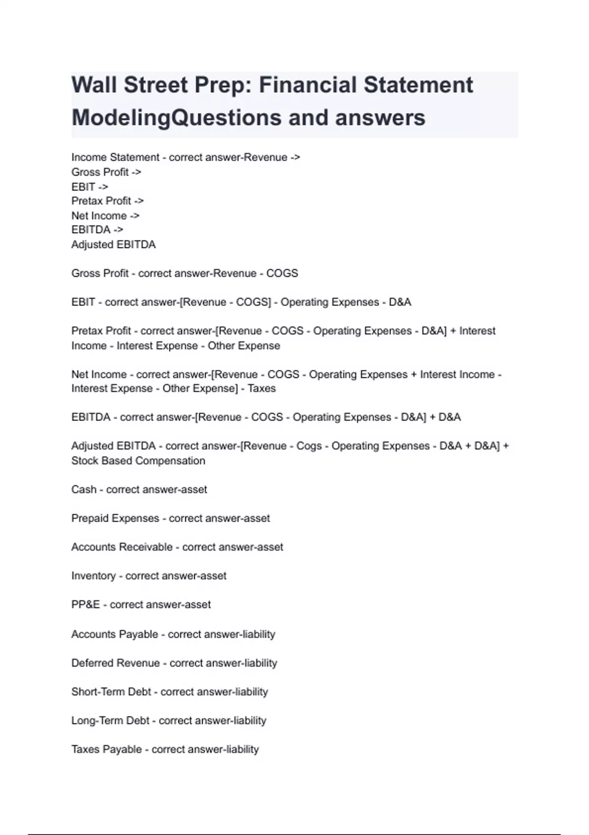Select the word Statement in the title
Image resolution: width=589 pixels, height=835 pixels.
click(x=418, y=85)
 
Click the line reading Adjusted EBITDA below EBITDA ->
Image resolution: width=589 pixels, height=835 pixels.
click(x=113, y=245)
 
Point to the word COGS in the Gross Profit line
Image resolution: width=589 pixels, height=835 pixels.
click(x=282, y=274)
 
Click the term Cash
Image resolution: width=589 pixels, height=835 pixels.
click(x=84, y=490)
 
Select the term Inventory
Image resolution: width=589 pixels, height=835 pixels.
click(x=93, y=576)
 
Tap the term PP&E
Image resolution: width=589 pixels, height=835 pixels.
click(x=85, y=605)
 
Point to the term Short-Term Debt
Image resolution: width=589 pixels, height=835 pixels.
click(x=111, y=692)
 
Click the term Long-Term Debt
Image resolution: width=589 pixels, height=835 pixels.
click(x=110, y=721)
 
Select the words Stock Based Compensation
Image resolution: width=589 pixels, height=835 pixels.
click(x=138, y=461)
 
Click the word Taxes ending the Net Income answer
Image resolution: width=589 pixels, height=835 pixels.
click(x=262, y=389)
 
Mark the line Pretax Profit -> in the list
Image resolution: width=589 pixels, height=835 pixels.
click(x=107, y=201)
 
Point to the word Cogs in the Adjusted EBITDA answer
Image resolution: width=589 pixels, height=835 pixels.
click(x=309, y=446)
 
